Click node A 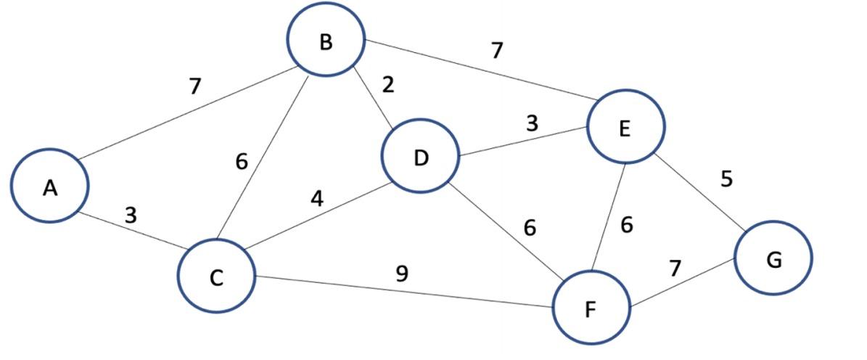49,186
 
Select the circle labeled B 325,41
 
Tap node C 216,277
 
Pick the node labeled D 421,157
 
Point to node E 625,128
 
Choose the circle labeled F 591,309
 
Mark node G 773,258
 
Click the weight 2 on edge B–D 389,86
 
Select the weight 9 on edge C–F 401,274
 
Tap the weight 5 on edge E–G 726,179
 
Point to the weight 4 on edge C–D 317,198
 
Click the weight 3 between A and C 131,215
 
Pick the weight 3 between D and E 533,123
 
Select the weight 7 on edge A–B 194,86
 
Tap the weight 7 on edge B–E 496,50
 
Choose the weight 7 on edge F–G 675,268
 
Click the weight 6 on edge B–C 242,162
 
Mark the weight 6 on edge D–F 530,228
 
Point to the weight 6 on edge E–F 627,226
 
